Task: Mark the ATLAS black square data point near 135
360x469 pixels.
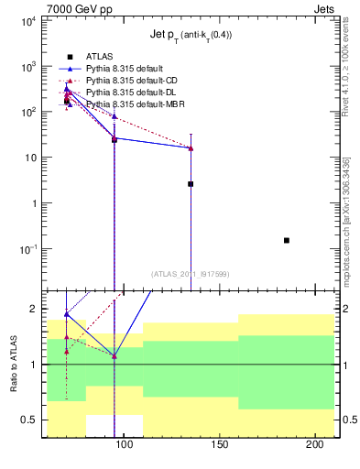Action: pos(191,184)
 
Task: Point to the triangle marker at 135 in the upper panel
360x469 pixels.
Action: pos(191,147)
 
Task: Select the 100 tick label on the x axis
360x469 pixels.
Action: pos(123,445)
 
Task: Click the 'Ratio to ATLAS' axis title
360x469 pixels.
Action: pos(13,364)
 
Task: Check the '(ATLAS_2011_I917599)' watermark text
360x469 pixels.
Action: pos(190,274)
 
